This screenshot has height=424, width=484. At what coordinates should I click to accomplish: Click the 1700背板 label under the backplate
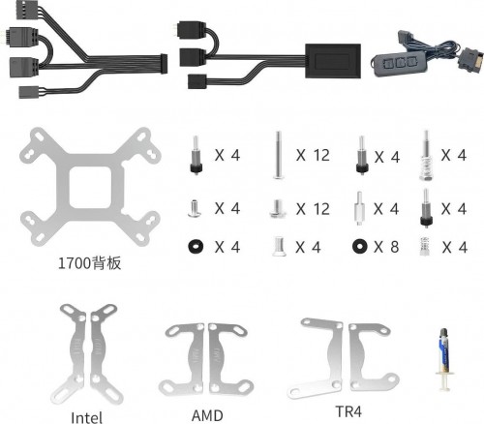[90, 263]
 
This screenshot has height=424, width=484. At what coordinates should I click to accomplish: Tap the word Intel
[86, 417]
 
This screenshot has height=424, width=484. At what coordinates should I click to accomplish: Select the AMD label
[207, 415]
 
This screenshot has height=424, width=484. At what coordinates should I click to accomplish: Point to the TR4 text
[348, 411]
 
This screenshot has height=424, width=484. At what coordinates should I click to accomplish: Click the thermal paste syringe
[444, 359]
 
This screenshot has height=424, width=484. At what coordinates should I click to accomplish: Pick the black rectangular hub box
[333, 61]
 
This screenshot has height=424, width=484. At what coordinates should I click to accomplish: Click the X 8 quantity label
[386, 247]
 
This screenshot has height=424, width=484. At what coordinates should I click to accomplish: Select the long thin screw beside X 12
[278, 155]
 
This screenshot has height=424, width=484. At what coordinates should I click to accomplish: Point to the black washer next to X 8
[360, 247]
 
